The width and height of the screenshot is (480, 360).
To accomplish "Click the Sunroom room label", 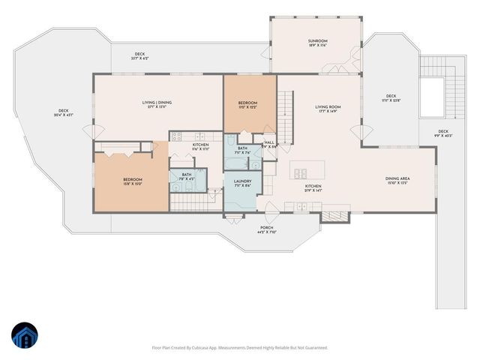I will [x=318, y=43].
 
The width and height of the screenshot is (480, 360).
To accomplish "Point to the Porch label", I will [x=265, y=229].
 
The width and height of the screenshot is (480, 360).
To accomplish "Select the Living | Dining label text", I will [x=157, y=104].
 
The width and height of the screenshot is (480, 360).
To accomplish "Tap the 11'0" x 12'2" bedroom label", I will [x=247, y=104].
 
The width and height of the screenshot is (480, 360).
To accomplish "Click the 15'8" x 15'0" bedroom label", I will [x=133, y=181].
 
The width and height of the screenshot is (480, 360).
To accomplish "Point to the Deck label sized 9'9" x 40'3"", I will [x=449, y=133].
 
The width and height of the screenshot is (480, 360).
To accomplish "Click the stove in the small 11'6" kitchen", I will [x=176, y=136].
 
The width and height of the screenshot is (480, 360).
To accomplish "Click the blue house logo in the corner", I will [x=24, y=337].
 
